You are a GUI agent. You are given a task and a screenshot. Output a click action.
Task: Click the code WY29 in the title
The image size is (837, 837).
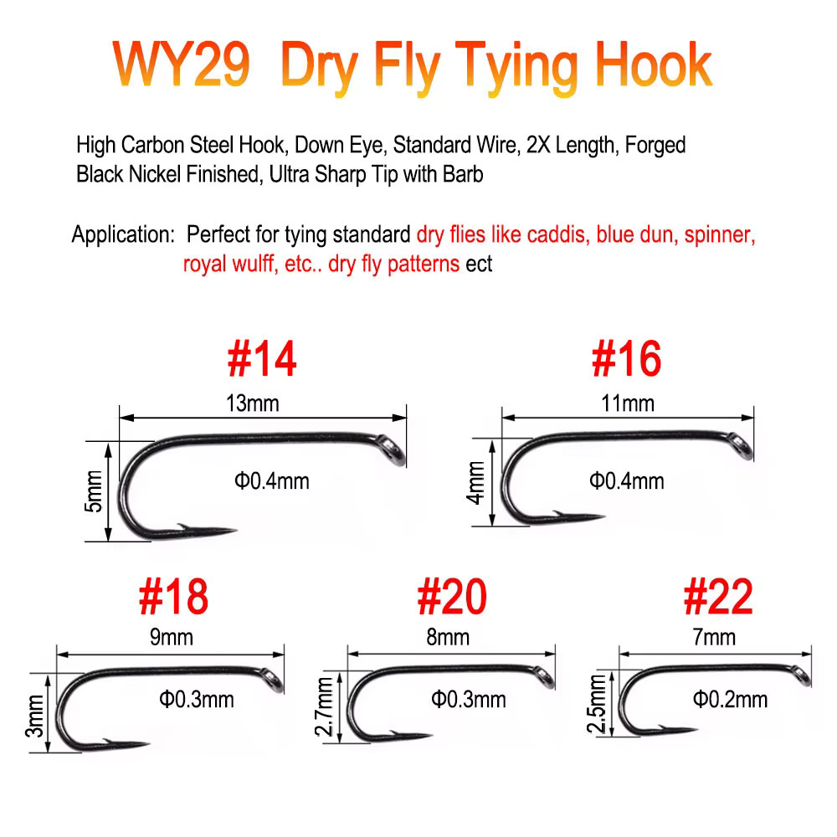(x=181, y=64)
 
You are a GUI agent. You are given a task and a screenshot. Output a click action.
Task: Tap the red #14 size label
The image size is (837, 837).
(x=261, y=359)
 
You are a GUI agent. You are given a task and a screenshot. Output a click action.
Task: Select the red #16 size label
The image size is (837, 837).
(x=627, y=359)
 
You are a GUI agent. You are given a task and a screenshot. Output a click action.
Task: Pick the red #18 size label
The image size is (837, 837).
(x=173, y=597)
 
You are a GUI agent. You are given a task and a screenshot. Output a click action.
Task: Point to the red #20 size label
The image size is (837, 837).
(x=452, y=597)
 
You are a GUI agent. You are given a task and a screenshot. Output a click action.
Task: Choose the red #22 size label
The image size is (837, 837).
(x=718, y=597)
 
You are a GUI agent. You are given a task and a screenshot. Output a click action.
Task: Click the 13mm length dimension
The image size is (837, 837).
(x=253, y=403)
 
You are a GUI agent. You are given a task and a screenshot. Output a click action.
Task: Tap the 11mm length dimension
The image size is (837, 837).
(x=628, y=403)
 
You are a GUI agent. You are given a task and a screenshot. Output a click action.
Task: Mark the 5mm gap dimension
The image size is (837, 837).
(x=93, y=491)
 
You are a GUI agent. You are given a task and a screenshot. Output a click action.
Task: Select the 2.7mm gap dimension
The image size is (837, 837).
(x=324, y=706)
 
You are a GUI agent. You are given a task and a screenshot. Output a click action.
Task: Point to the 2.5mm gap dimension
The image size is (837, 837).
(x=596, y=704)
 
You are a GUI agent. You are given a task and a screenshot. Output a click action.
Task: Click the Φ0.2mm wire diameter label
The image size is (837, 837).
(x=730, y=699)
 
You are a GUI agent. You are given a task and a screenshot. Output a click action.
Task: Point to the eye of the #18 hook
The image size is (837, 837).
(x=273, y=680)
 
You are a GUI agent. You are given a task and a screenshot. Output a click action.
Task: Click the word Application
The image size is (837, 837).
(x=123, y=234)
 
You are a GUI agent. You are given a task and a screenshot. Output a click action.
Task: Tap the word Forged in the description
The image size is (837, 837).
(x=655, y=145)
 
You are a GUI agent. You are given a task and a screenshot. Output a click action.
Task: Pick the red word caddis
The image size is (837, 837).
(x=556, y=234)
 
